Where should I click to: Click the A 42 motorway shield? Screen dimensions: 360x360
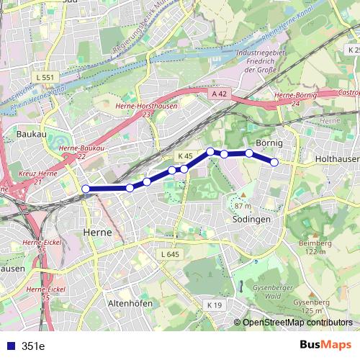(x=220, y=94)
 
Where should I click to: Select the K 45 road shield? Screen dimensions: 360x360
(x=185, y=156)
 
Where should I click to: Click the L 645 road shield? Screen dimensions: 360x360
(x=169, y=255)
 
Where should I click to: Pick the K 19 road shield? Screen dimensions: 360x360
(x=215, y=305)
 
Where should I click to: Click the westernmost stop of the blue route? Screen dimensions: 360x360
(x=86, y=189)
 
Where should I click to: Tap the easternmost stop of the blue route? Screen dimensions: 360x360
(x=274, y=162)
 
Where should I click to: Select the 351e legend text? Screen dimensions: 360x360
(x=33, y=346)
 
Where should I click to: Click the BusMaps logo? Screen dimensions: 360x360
(x=325, y=345)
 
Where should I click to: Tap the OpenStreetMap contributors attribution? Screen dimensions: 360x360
(x=297, y=323)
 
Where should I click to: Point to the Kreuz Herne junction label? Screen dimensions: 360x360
(x=24, y=177)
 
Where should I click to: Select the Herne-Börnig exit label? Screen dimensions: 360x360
(x=296, y=99)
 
